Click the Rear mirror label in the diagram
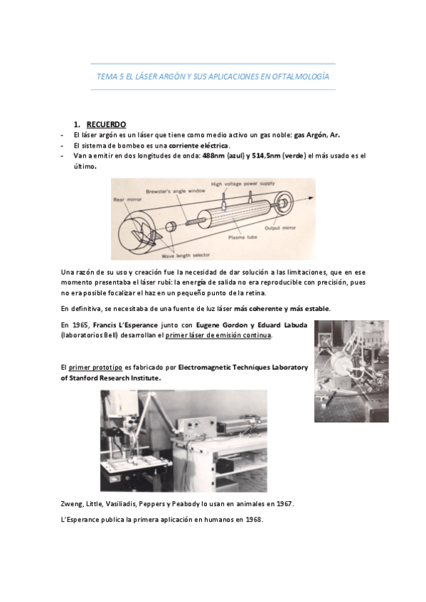(x=125, y=200)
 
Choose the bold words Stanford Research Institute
(x=115, y=378)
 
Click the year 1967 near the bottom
(x=282, y=503)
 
